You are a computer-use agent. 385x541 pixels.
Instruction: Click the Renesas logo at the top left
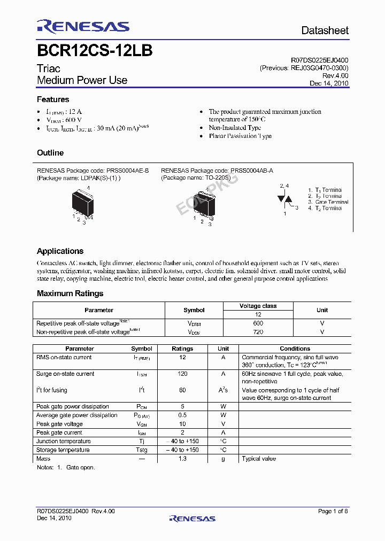click(x=83, y=27)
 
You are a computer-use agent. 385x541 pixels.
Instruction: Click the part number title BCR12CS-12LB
click(x=95, y=51)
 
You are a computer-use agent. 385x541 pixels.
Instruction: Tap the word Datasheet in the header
click(x=325, y=30)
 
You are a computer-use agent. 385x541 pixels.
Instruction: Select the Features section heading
click(x=53, y=99)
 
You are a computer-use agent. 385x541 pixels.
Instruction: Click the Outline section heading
click(x=50, y=153)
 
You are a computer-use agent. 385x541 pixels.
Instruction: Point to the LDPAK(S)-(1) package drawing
click(x=82, y=204)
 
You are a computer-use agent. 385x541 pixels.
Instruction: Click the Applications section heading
click(x=60, y=251)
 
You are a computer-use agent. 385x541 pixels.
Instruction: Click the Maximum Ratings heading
click(x=70, y=293)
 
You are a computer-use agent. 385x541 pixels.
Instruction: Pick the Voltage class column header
click(x=258, y=306)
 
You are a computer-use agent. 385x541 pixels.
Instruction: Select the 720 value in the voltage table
click(x=258, y=332)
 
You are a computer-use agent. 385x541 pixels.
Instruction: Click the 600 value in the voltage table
click(x=258, y=323)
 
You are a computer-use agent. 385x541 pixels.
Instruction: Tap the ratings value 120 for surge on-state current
click(x=182, y=374)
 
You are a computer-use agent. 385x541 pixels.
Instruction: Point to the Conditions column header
click(x=295, y=349)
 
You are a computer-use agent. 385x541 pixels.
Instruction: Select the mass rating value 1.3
click(x=182, y=459)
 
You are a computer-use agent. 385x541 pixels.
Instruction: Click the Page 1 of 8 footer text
click(x=333, y=512)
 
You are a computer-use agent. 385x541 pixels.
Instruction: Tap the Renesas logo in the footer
click(x=192, y=518)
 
